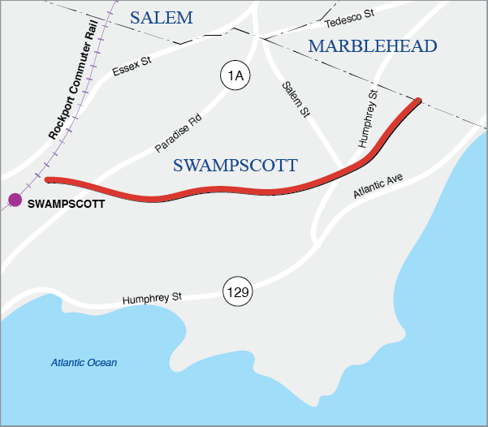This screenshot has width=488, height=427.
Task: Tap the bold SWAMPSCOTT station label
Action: pos(66,204)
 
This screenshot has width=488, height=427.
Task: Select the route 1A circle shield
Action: pos(235,76)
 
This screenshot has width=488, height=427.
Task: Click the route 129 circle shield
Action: pos(238,291)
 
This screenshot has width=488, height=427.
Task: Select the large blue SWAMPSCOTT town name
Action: pos(235,166)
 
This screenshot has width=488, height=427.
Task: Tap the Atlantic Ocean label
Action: pos(84,363)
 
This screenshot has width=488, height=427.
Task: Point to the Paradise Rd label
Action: pos(178,134)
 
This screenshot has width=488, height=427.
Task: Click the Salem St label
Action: pos(296,100)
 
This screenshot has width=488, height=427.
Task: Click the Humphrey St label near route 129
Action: pos(151,299)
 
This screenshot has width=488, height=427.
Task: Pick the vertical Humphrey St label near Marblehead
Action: pos(368,119)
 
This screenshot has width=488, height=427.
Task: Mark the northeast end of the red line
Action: pos(419,101)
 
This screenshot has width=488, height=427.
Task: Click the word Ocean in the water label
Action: pos(102,363)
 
